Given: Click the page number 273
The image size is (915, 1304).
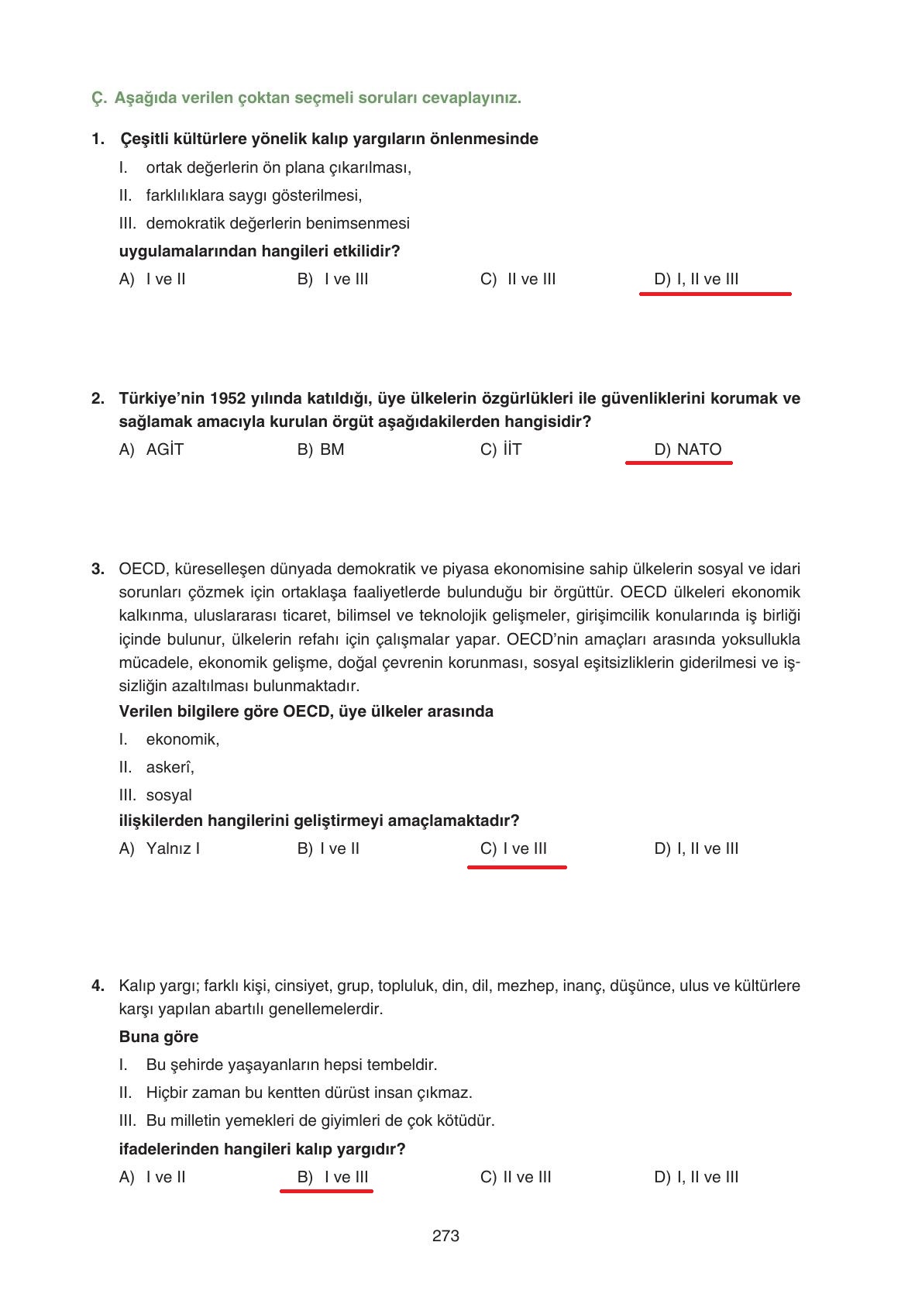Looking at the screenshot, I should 445,1236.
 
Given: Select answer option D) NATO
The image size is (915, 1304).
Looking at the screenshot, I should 687,449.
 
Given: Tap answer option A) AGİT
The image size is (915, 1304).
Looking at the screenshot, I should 151,449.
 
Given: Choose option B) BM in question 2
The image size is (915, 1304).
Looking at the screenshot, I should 320,449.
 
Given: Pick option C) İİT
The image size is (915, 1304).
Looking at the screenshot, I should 500,449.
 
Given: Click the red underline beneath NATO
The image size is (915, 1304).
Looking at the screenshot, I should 678,463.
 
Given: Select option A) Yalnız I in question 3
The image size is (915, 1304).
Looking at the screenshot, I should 159,848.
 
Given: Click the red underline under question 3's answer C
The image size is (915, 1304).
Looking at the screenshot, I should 517,867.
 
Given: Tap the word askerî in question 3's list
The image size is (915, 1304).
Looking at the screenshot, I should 170,767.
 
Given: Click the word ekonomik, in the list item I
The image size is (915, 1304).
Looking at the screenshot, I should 182,739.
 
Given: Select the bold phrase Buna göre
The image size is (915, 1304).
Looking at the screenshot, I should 158,1037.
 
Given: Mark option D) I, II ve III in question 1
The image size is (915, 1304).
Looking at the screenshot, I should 696,279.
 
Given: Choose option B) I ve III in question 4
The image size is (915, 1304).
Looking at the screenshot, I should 332,1177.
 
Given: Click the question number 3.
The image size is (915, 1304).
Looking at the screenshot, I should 98,569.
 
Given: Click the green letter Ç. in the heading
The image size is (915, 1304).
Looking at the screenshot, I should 98,98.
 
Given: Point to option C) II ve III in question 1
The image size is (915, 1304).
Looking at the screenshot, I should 518,279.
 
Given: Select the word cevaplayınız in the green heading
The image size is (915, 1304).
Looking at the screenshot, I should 470,98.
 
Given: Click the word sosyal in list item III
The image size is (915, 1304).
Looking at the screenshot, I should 168,795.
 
